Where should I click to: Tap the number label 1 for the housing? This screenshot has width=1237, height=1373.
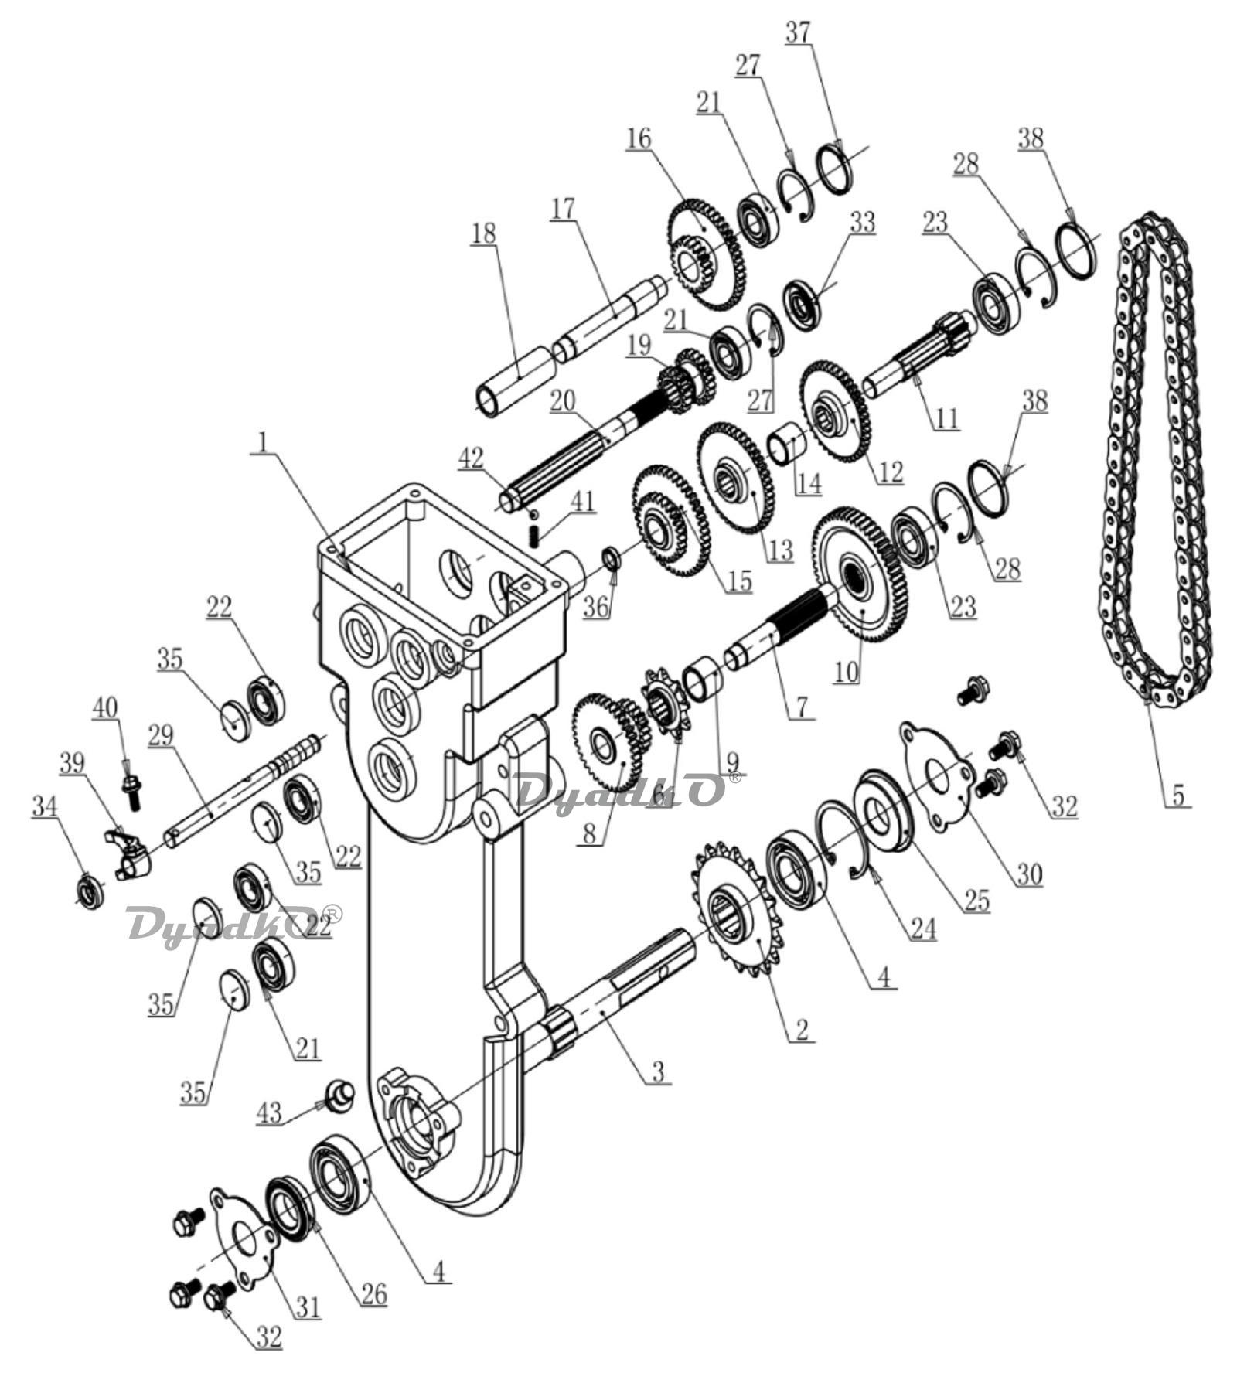264,441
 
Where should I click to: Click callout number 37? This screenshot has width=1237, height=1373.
801,32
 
